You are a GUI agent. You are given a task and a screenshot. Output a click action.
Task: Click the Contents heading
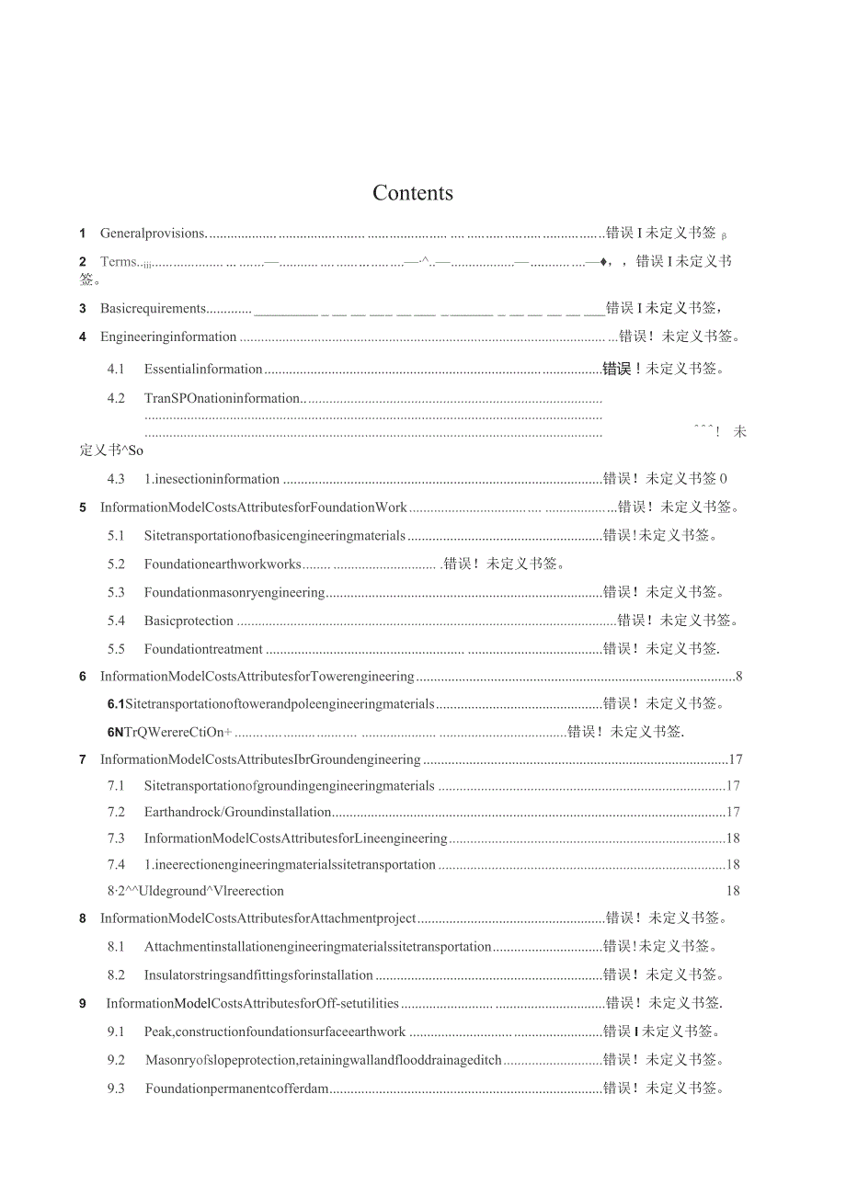(x=413, y=193)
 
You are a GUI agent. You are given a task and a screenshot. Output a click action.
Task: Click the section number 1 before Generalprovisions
(x=83, y=234)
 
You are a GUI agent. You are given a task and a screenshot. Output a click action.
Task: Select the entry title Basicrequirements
(x=153, y=308)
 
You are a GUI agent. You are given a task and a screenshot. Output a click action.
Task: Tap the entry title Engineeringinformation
(x=168, y=336)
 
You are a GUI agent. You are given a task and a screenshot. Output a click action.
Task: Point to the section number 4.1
(x=115, y=370)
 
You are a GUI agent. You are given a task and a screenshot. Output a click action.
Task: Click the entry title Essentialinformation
(x=203, y=370)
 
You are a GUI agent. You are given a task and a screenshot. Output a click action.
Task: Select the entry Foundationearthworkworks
(x=223, y=564)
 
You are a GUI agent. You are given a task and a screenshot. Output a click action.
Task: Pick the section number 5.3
(x=115, y=592)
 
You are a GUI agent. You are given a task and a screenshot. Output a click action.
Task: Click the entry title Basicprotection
(x=189, y=621)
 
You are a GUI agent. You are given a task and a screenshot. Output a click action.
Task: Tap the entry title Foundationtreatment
(x=203, y=649)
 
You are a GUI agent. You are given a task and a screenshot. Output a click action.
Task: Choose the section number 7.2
(x=115, y=812)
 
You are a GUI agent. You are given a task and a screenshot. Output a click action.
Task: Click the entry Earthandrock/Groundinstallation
(x=237, y=812)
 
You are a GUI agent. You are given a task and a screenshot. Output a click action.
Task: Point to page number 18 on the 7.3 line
(x=733, y=838)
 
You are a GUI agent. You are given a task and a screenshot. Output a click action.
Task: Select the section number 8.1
(x=115, y=946)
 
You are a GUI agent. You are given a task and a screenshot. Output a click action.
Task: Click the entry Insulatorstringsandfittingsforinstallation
(x=258, y=975)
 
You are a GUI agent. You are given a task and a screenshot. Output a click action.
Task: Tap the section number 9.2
(x=115, y=1060)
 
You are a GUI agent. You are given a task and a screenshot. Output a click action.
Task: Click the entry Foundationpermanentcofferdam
(x=236, y=1089)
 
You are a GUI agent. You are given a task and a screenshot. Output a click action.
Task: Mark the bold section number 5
(x=83, y=507)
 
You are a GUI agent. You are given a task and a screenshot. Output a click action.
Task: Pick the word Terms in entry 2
(x=118, y=262)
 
